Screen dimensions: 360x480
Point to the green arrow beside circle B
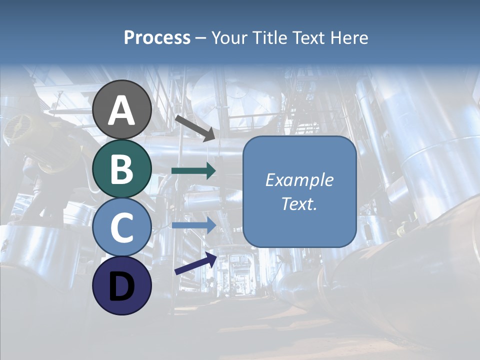(x=193, y=171)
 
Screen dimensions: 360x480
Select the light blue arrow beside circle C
(x=193, y=225)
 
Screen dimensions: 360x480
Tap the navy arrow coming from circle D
(x=195, y=263)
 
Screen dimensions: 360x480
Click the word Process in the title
(x=157, y=38)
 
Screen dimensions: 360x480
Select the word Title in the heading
(x=270, y=38)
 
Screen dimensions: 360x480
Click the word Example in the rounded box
(x=299, y=180)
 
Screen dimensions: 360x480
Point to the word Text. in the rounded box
(x=299, y=203)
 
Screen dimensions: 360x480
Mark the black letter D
(x=122, y=287)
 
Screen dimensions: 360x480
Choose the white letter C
(x=122, y=228)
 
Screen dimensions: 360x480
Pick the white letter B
(x=122, y=169)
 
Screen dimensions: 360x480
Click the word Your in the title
(x=230, y=38)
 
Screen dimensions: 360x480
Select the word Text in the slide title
(x=308, y=38)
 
